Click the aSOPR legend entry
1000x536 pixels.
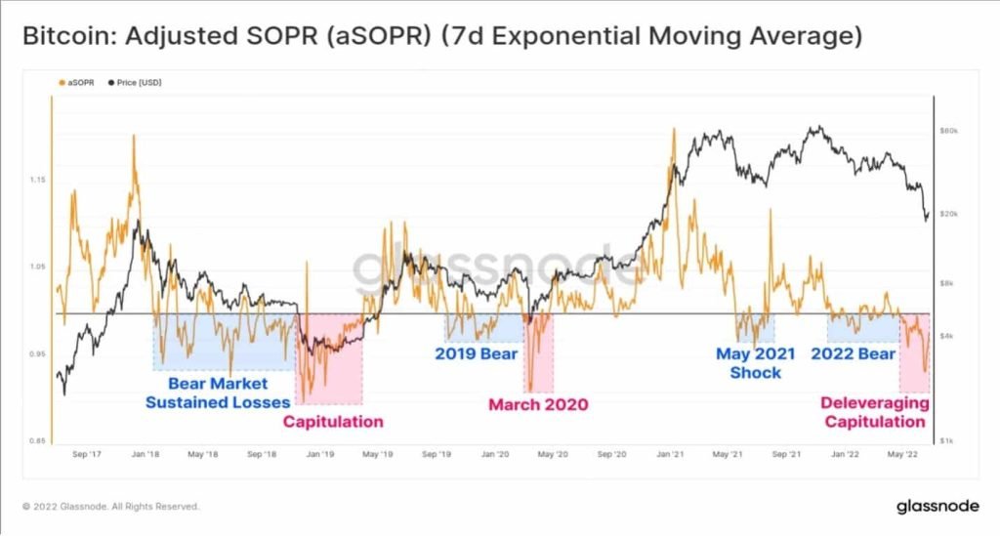pyautogui.click(x=76, y=83)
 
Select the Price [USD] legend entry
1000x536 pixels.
pyautogui.click(x=135, y=83)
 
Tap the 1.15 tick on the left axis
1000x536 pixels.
pyautogui.click(x=38, y=180)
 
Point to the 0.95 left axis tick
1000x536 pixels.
pyautogui.click(x=38, y=353)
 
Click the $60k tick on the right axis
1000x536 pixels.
pyautogui.click(x=949, y=131)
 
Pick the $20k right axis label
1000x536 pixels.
pyautogui.click(x=949, y=214)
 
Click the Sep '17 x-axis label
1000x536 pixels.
pyautogui.click(x=87, y=454)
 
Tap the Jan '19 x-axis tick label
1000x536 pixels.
pyautogui.click(x=320, y=454)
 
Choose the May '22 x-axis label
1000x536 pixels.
pyautogui.click(x=903, y=454)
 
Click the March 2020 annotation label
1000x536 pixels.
pyautogui.click(x=538, y=405)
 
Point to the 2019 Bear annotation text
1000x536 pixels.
pyautogui.click(x=476, y=353)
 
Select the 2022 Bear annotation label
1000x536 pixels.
pyautogui.click(x=854, y=353)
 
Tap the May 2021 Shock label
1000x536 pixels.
pyautogui.click(x=756, y=363)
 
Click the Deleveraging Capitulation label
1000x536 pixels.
pyautogui.click(x=875, y=412)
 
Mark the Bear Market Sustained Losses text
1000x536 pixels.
pyautogui.click(x=218, y=393)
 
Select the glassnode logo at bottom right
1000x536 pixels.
pyautogui.click(x=937, y=507)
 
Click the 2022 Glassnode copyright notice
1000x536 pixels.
pyautogui.click(x=110, y=507)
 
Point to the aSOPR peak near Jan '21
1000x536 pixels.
pyautogui.click(x=674, y=129)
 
